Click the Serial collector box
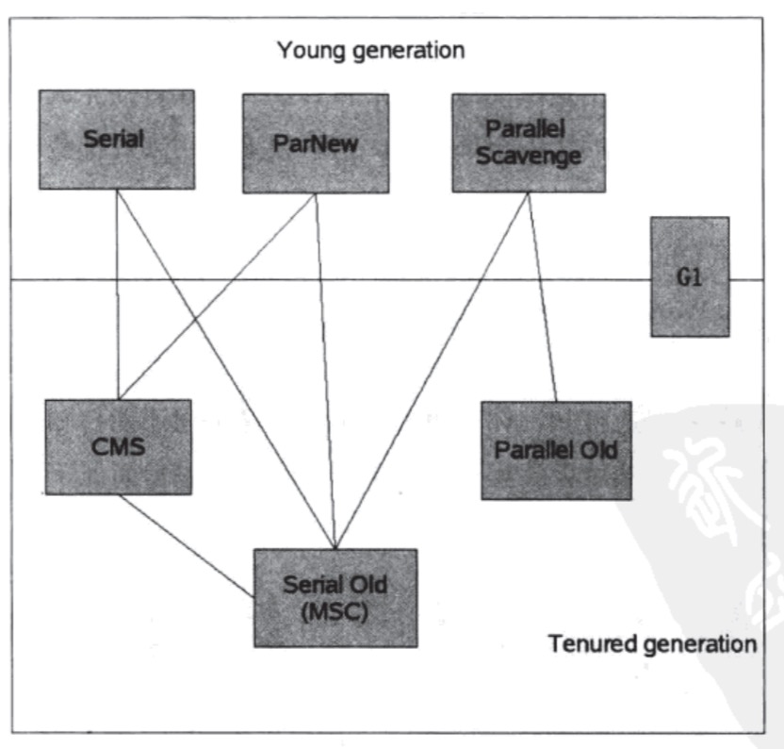click(116, 140)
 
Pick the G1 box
click(689, 277)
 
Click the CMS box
click(118, 446)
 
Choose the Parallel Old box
click(555, 449)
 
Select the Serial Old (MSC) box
click(335, 597)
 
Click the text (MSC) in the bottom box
click(335, 609)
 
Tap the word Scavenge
click(527, 155)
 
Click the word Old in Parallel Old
click(598, 450)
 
